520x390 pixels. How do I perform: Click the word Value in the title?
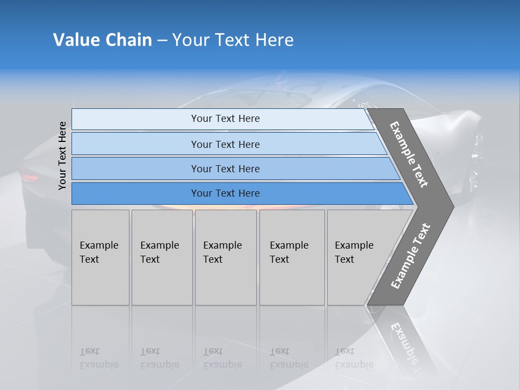[75, 40]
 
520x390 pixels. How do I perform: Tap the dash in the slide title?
[162, 41]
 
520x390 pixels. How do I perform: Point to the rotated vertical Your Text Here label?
[62, 155]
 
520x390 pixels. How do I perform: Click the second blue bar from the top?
[225, 144]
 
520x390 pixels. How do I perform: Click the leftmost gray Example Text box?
[100, 257]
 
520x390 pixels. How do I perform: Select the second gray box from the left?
[161, 257]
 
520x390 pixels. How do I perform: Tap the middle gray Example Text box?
[225, 257]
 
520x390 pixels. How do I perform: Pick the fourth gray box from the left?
[292, 257]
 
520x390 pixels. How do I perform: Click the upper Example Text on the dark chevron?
[409, 154]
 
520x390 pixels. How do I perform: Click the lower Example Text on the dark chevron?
[411, 256]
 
